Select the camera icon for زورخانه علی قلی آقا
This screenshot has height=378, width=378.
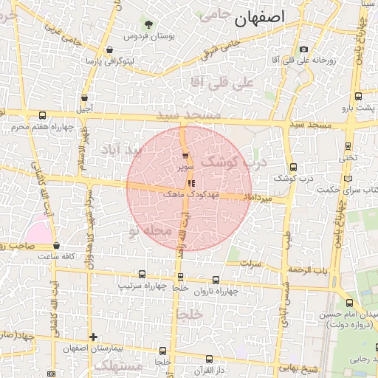[x=303, y=49]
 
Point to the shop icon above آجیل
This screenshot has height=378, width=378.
[x=85, y=97]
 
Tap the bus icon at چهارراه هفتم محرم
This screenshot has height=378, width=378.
[x=42, y=116]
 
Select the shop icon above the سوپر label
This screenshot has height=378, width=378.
[x=185, y=156]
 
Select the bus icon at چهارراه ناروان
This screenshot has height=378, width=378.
[x=216, y=280]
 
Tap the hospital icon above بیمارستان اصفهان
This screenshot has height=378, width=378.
[x=92, y=337]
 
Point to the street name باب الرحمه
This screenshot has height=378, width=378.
[x=308, y=270]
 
